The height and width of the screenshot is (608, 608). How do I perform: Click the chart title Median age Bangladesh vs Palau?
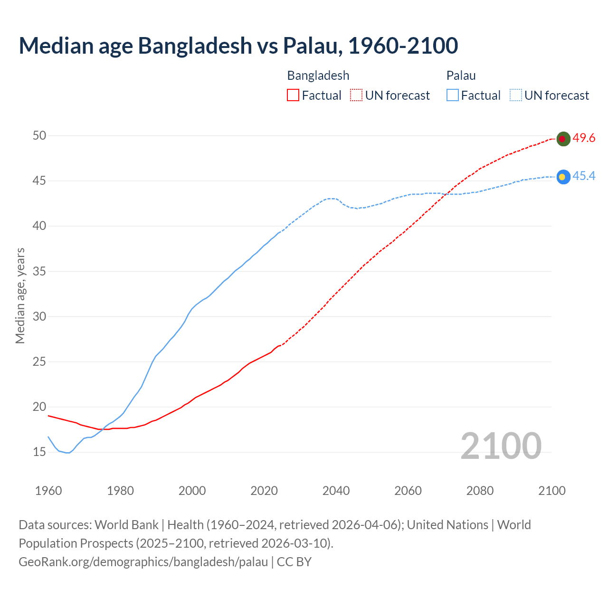point(238,46)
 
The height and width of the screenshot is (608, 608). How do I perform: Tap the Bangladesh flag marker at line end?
point(563,139)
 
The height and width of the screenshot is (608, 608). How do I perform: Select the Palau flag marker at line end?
point(563,177)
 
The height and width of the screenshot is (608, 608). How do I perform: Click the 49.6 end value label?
point(584,138)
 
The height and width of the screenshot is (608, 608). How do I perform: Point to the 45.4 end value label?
point(584,176)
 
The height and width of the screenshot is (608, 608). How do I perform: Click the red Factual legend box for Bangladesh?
point(293,95)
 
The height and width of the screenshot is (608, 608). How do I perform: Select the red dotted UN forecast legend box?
point(356,95)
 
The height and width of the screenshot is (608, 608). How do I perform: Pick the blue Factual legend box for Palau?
point(453,95)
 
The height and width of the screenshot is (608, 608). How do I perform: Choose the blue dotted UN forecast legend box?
point(516,95)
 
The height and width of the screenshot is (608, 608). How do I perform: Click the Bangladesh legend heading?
point(318,76)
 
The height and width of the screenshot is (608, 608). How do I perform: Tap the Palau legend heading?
point(461,76)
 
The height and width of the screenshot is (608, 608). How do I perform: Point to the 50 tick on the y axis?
point(39,135)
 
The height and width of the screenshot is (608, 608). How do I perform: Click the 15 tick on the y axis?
point(39,452)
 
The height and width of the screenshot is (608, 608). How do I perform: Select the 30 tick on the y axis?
point(39,316)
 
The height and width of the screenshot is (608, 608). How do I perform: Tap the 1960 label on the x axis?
point(48,491)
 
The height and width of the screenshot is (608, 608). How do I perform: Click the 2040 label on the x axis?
point(336,491)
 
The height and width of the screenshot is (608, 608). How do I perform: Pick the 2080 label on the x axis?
point(480,491)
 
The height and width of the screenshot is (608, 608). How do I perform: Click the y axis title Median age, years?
point(20,295)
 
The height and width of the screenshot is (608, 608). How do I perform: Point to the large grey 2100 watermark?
point(501,446)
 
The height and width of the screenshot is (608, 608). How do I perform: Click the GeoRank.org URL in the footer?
point(143,562)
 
